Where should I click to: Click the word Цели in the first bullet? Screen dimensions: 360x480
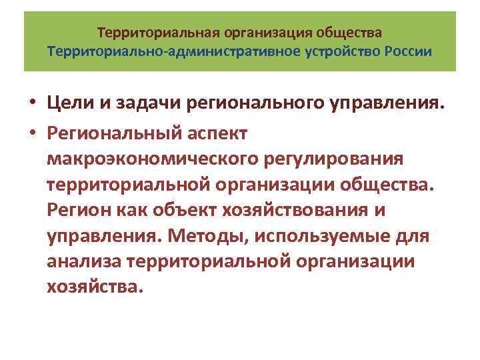pos(71,104)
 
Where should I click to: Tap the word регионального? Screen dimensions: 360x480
pos(258,104)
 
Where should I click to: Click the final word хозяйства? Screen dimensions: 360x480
pos(95,289)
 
